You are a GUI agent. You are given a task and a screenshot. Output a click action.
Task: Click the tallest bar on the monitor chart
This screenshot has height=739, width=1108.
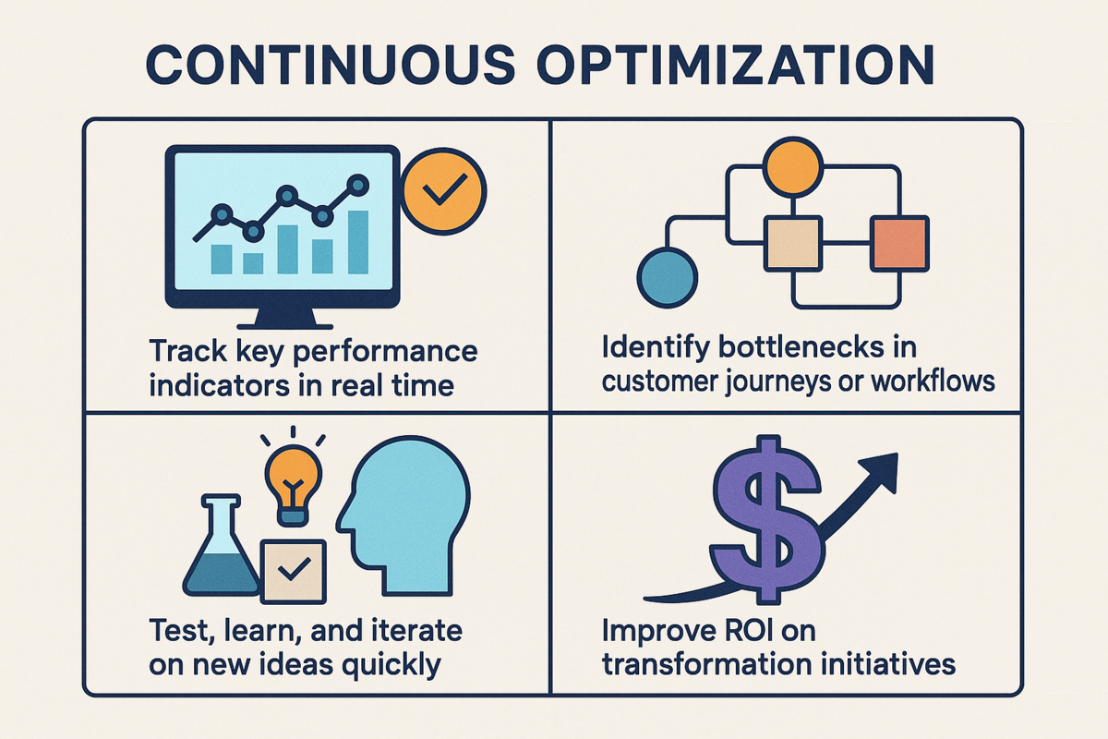357,242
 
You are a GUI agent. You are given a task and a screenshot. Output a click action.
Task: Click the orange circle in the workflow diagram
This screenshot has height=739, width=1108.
789,166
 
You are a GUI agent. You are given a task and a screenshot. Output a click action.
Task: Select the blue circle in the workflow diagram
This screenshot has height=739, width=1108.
666,276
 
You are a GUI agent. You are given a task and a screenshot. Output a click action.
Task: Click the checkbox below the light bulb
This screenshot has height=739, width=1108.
293,571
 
